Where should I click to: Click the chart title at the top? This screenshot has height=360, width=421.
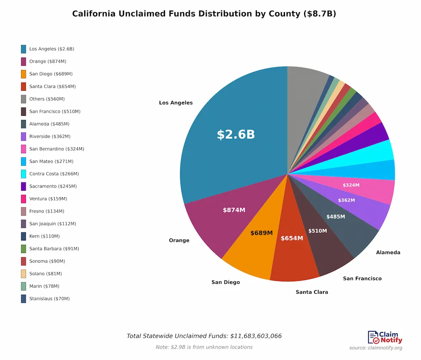[204, 14]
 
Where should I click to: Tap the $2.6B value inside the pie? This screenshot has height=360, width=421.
[236, 134]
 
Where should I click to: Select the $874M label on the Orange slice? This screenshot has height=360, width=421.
[234, 210]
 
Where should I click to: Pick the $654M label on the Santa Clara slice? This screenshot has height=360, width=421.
[292, 238]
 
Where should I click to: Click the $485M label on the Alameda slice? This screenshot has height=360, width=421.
[336, 216]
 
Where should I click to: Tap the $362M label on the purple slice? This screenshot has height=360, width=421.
[346, 200]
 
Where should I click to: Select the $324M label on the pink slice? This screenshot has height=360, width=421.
[351, 185]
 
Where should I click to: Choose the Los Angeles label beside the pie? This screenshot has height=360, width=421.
[176, 103]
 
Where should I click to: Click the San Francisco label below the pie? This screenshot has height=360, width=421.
[362, 278]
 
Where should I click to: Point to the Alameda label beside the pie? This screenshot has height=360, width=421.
[388, 253]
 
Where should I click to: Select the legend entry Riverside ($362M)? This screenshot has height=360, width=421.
[50, 136]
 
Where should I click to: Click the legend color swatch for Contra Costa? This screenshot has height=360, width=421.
[24, 174]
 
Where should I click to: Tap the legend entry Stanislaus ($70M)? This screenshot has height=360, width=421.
[49, 299]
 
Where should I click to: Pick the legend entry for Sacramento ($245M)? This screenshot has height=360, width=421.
[53, 186]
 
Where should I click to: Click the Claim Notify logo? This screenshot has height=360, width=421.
[385, 337]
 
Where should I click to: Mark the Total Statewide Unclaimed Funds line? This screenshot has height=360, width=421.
[204, 336]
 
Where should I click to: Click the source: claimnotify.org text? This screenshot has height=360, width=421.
[376, 348]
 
